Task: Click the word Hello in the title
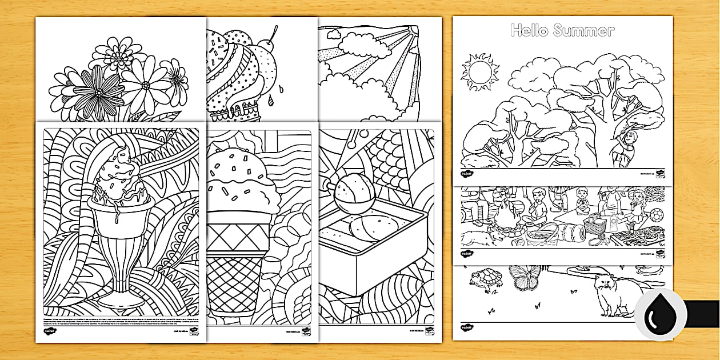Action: [x=529, y=30]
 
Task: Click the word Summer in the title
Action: [x=584, y=30]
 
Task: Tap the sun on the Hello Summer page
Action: [x=479, y=73]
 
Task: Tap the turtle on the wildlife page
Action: [x=485, y=280]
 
